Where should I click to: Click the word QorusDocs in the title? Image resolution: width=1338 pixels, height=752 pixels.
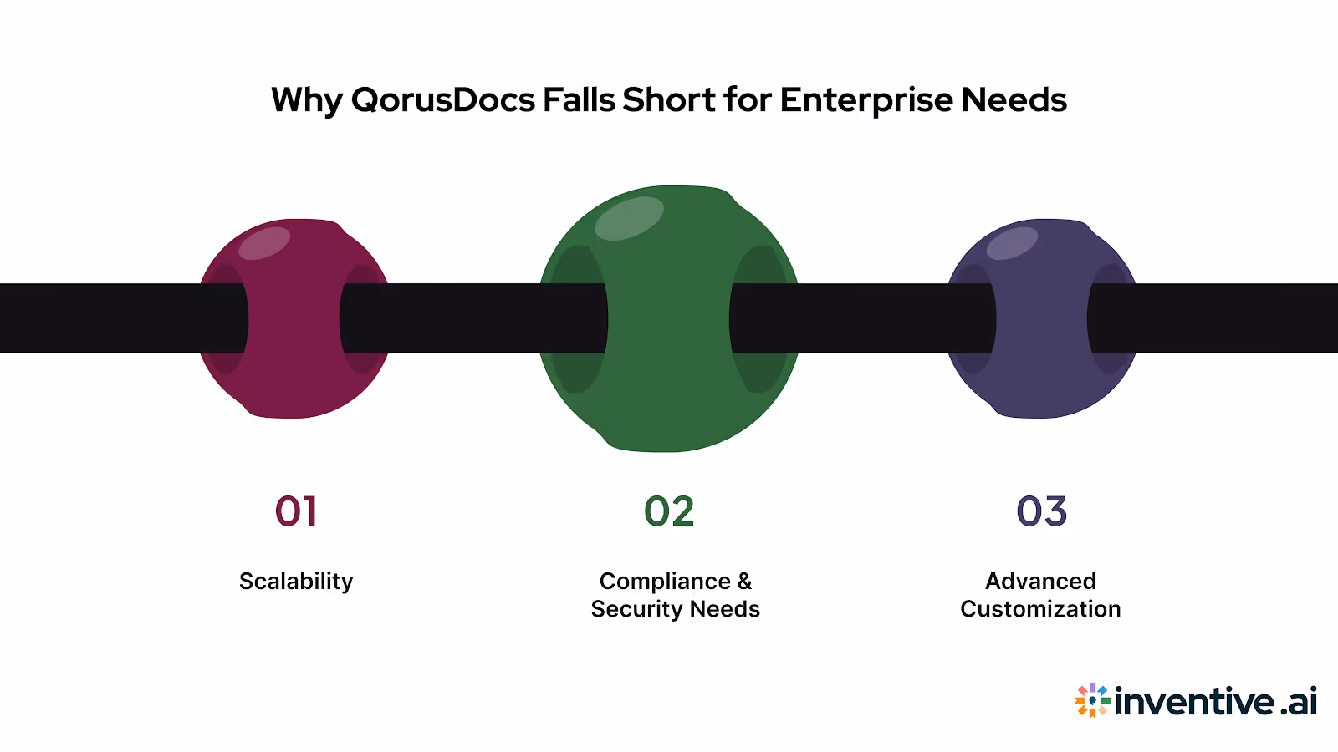(443, 100)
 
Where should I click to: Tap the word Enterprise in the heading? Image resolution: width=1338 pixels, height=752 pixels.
(866, 100)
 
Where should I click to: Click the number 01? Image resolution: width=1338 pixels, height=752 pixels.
(296, 511)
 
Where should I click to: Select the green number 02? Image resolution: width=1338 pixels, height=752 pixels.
(669, 511)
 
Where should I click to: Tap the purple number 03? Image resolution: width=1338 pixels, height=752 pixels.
(1041, 511)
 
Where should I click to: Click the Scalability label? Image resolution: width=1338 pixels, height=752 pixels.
(296, 581)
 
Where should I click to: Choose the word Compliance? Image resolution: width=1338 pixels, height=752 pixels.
(665, 581)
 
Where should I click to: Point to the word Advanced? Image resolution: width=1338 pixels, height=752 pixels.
(1040, 581)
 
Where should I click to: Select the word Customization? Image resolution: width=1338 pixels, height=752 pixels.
(1040, 609)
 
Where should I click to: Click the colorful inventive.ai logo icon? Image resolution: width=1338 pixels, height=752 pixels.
(1092, 700)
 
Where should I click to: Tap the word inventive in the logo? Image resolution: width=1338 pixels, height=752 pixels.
(1195, 701)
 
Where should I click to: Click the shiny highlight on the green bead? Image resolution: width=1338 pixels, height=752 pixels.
(629, 218)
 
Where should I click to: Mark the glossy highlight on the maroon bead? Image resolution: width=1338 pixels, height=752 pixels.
(264, 242)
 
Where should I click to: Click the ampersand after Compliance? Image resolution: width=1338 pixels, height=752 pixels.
(744, 581)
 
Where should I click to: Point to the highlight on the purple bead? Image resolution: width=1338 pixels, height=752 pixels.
(1012, 242)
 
